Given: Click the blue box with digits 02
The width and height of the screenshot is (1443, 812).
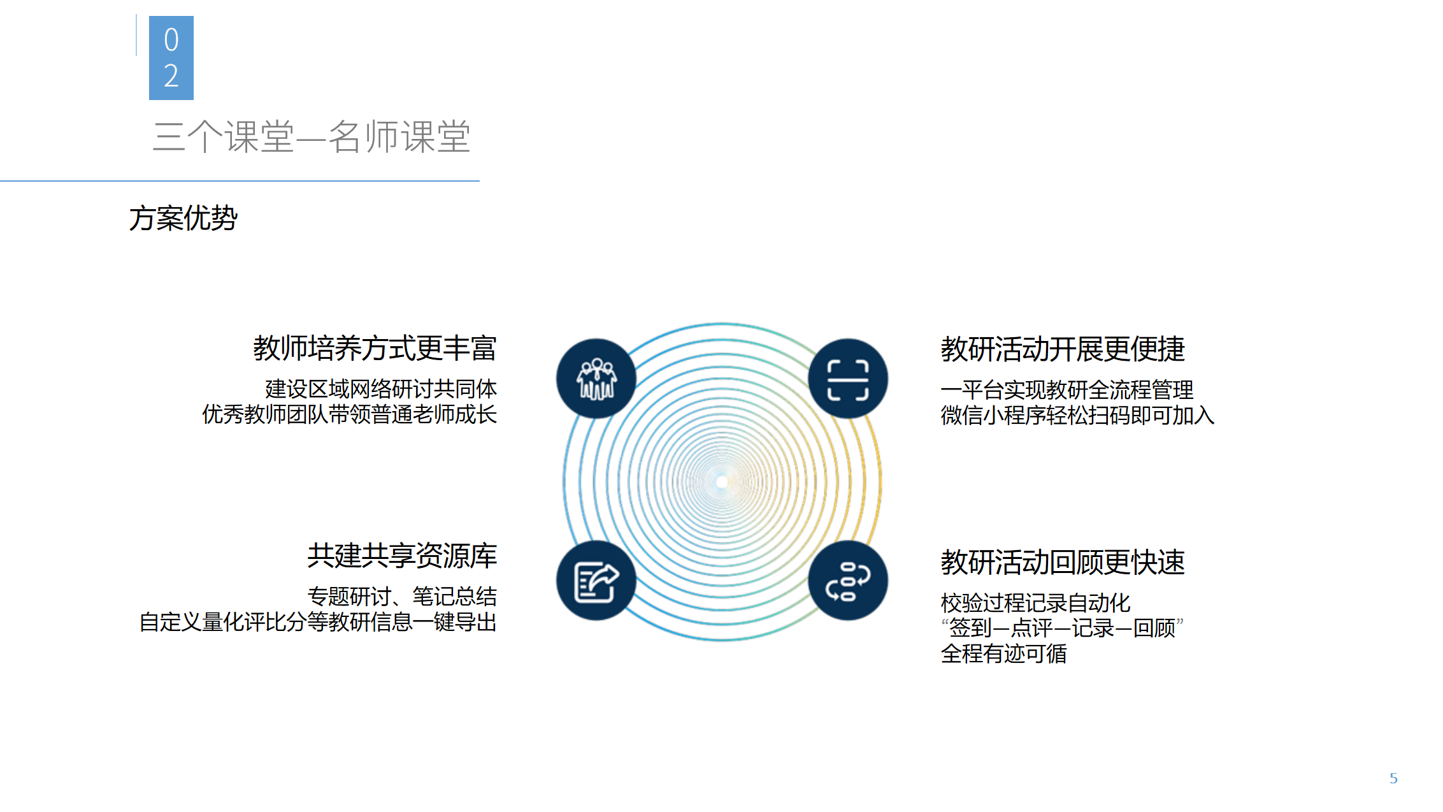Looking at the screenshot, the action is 171,58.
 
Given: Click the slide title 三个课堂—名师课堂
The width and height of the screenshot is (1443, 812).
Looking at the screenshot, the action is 312,136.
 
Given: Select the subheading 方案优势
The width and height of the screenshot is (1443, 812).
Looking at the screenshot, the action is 183,218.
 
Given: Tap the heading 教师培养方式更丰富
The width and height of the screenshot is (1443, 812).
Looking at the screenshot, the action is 375,348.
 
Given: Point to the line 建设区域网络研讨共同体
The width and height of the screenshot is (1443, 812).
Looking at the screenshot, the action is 381,389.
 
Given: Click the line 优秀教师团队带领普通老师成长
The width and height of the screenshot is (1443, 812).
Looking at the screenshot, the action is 349,414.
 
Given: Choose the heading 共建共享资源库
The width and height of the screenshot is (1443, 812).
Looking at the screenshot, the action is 402,556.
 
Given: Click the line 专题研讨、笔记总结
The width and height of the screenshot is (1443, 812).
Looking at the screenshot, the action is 402,597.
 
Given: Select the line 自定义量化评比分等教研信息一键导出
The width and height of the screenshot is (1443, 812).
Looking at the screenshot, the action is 318,622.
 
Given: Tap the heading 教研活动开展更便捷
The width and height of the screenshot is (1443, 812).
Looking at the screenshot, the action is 1063,349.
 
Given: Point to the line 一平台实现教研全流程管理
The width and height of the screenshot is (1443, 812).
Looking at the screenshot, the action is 1067,389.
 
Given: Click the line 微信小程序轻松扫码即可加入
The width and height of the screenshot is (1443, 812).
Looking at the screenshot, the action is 1078,416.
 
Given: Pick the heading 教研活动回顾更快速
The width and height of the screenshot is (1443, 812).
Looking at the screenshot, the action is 1063,563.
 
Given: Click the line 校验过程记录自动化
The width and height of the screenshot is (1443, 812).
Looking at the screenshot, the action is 1036,603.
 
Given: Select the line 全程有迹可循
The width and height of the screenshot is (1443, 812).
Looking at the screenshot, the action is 1004,654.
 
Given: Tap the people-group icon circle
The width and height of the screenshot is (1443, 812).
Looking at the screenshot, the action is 596,379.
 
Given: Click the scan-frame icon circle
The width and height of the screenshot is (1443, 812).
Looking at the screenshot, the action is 848,379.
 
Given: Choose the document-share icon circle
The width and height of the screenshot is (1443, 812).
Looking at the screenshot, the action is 596,581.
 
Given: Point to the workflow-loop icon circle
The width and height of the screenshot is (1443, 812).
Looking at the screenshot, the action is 848,581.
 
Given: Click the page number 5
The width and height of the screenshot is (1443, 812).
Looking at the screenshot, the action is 1393,778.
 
